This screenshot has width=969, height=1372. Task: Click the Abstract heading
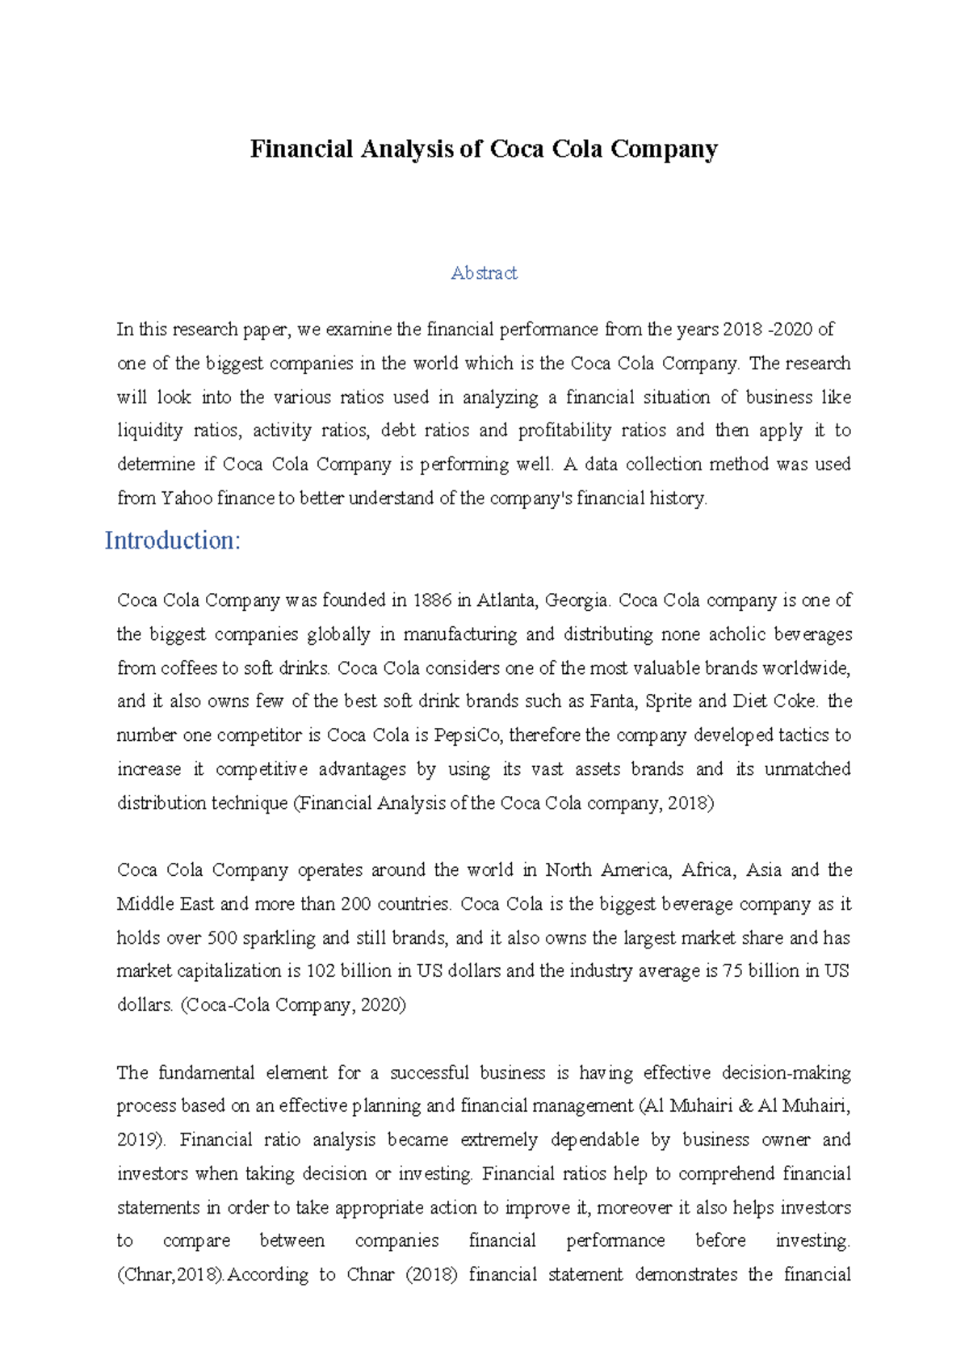click(484, 273)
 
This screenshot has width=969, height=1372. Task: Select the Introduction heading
click(173, 541)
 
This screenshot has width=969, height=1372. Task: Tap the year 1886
click(432, 600)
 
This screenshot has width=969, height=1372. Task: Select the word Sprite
click(669, 701)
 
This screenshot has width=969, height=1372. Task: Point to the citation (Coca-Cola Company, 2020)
click(293, 1006)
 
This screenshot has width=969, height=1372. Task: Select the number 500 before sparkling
click(222, 938)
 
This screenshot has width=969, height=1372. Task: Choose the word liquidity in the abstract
click(150, 431)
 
